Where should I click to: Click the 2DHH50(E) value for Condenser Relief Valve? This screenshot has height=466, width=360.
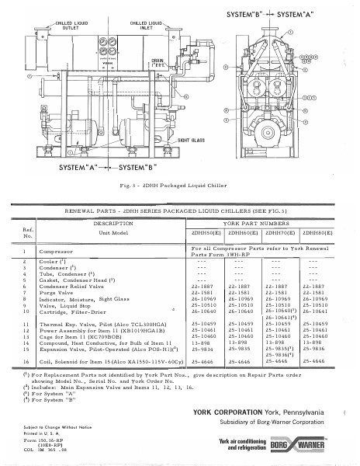(203, 287)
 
